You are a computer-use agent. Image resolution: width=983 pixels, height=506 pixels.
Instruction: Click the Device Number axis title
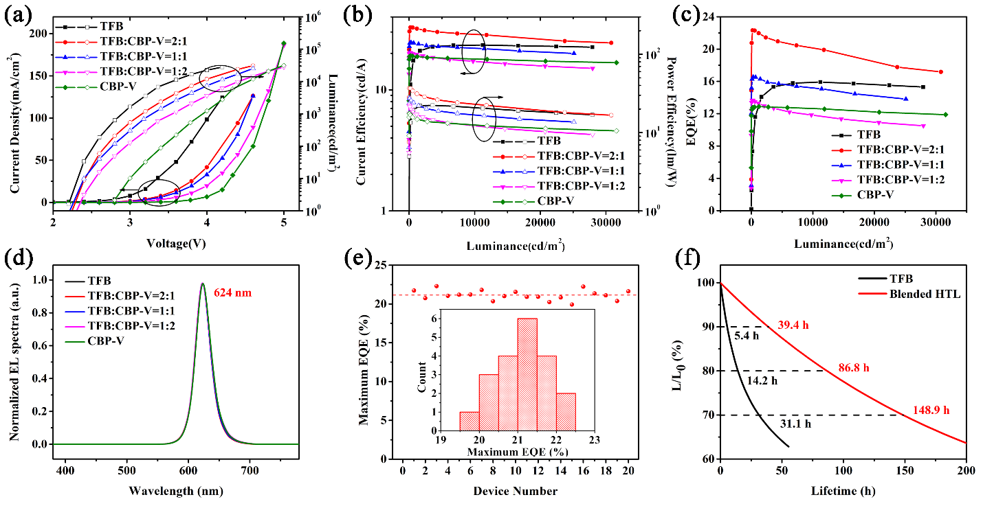pos(515,491)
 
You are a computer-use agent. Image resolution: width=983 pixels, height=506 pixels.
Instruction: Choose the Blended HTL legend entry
pos(920,293)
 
